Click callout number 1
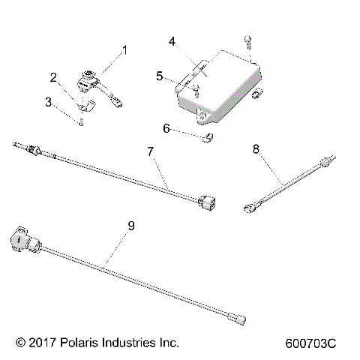tap(124, 50)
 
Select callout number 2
tap(53, 77)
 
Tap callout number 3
tap(49, 101)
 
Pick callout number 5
tap(160, 76)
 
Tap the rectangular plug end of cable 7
tap(209, 203)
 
